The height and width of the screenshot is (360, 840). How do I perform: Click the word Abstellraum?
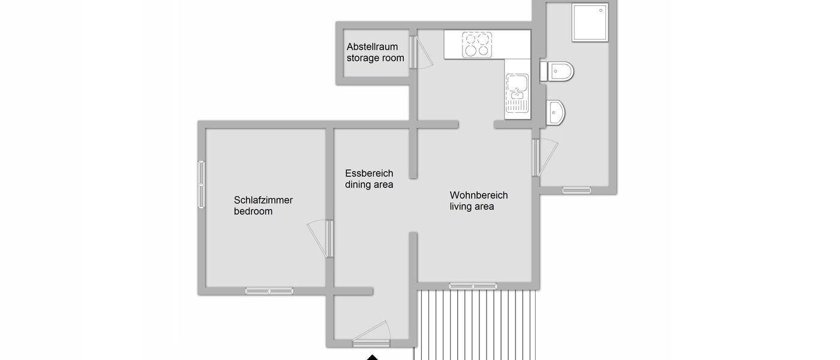point(372,47)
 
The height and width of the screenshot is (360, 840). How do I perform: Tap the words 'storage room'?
point(375,58)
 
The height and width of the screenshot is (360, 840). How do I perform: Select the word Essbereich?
point(369,173)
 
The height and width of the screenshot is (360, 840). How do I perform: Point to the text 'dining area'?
point(369,185)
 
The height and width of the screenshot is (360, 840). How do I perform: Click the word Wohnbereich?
point(479,196)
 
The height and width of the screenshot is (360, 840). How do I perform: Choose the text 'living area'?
point(472,207)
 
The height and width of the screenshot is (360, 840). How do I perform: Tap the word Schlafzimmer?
point(263,200)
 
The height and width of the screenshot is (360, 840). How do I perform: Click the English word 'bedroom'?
point(253,211)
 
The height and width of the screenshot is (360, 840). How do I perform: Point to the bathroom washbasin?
point(556,111)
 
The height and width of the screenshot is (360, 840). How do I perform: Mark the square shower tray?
point(590,23)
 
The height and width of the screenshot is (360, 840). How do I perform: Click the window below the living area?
point(473,286)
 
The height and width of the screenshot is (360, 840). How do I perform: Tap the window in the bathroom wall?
point(576,190)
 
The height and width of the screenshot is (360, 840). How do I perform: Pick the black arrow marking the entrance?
point(373,358)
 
